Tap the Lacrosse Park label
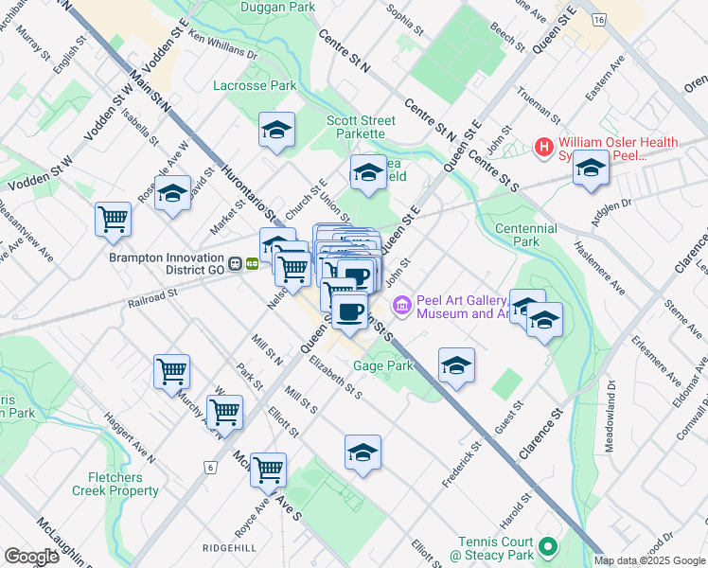256,85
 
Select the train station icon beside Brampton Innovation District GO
253,263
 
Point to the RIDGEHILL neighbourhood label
229,548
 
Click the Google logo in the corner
31,557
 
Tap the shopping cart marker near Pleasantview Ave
114,219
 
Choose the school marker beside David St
172,194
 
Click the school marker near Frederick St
456,365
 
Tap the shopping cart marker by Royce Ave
269,468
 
